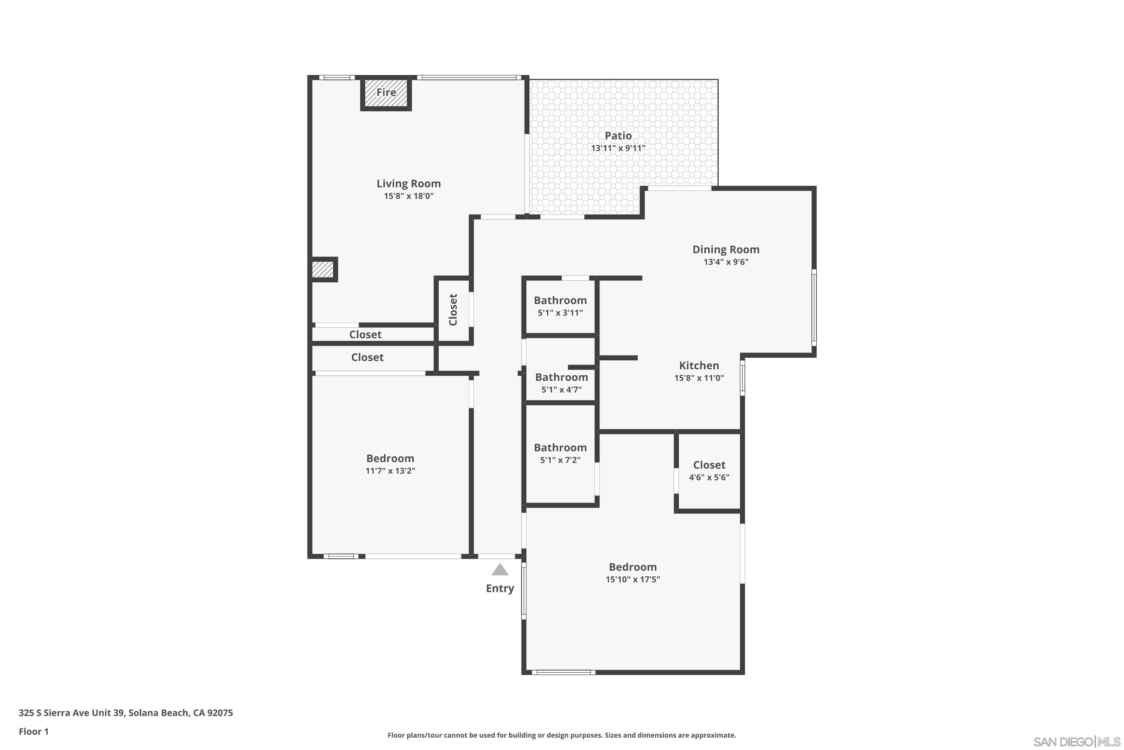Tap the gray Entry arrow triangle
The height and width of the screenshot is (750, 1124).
click(x=500, y=570)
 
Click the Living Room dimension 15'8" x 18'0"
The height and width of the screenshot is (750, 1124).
click(x=409, y=196)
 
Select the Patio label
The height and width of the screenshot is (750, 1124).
click(x=618, y=136)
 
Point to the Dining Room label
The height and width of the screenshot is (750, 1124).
click(x=725, y=249)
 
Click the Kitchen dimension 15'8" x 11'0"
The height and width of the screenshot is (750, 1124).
click(x=699, y=378)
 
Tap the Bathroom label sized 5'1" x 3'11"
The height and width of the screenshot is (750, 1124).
click(x=560, y=300)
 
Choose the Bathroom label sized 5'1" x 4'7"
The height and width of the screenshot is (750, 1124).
click(x=561, y=377)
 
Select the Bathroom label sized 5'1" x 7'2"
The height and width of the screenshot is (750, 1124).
click(x=560, y=448)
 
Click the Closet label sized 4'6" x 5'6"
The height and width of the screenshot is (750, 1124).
click(x=709, y=465)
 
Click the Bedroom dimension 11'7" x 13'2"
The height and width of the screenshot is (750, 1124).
click(x=390, y=471)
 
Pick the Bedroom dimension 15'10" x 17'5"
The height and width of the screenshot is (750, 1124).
click(x=632, y=579)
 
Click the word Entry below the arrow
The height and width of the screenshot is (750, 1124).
click(x=500, y=588)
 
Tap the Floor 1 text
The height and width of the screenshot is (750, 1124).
click(x=33, y=731)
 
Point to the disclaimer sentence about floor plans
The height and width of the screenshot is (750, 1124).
click(x=562, y=735)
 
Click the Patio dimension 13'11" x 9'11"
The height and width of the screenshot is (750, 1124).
click(x=618, y=148)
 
